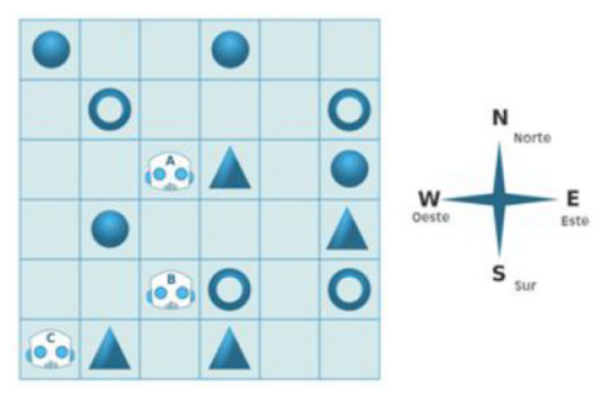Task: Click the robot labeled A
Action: pyautogui.click(x=169, y=170)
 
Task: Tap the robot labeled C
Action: pyautogui.click(x=50, y=350)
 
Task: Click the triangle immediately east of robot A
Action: pyautogui.click(x=229, y=169)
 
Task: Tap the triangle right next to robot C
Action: pyautogui.click(x=110, y=350)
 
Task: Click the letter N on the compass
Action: pyautogui.click(x=500, y=119)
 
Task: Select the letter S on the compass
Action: pyautogui.click(x=500, y=273)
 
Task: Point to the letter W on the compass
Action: pyautogui.click(x=429, y=198)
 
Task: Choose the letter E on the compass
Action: pyautogui.click(x=573, y=198)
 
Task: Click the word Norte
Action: pyautogui.click(x=533, y=139)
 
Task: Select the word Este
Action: pyautogui.click(x=575, y=220)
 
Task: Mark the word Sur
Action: pyautogui.click(x=524, y=286)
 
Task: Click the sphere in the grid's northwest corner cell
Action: pyautogui.click(x=51, y=49)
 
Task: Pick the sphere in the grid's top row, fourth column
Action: pyautogui.click(x=230, y=49)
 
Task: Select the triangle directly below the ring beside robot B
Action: pyautogui.click(x=229, y=350)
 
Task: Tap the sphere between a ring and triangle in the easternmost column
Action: pyautogui.click(x=349, y=169)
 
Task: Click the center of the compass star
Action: pyautogui.click(x=500, y=198)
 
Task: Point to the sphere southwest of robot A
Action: pyautogui.click(x=110, y=230)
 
